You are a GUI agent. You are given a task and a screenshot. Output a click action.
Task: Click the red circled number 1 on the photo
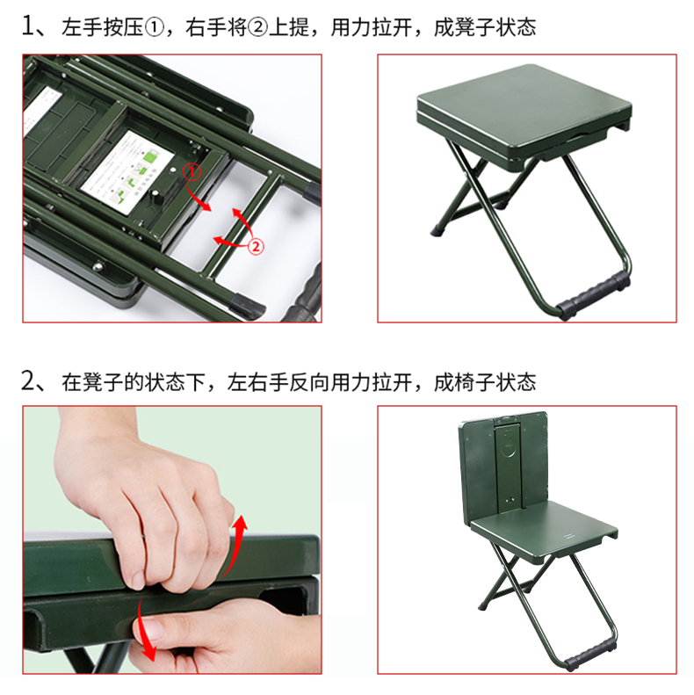pos(192,173)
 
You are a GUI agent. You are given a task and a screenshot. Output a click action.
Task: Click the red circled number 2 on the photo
pos(256,246)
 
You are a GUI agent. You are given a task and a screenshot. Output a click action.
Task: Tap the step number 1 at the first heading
pos(28,26)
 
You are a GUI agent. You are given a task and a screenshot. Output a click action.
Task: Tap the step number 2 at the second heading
pos(28,380)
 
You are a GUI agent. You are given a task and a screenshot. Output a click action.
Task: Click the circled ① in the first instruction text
pos(155,28)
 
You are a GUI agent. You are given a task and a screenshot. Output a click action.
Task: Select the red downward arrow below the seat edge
pos(145,629)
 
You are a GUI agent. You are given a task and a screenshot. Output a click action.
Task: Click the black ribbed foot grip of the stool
pos(592,294)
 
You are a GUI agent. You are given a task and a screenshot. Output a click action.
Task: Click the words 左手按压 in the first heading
pos(103,27)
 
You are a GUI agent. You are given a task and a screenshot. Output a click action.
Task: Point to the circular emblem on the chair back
pos(510,448)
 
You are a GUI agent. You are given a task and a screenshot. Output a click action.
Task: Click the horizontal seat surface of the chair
pos(544,526)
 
